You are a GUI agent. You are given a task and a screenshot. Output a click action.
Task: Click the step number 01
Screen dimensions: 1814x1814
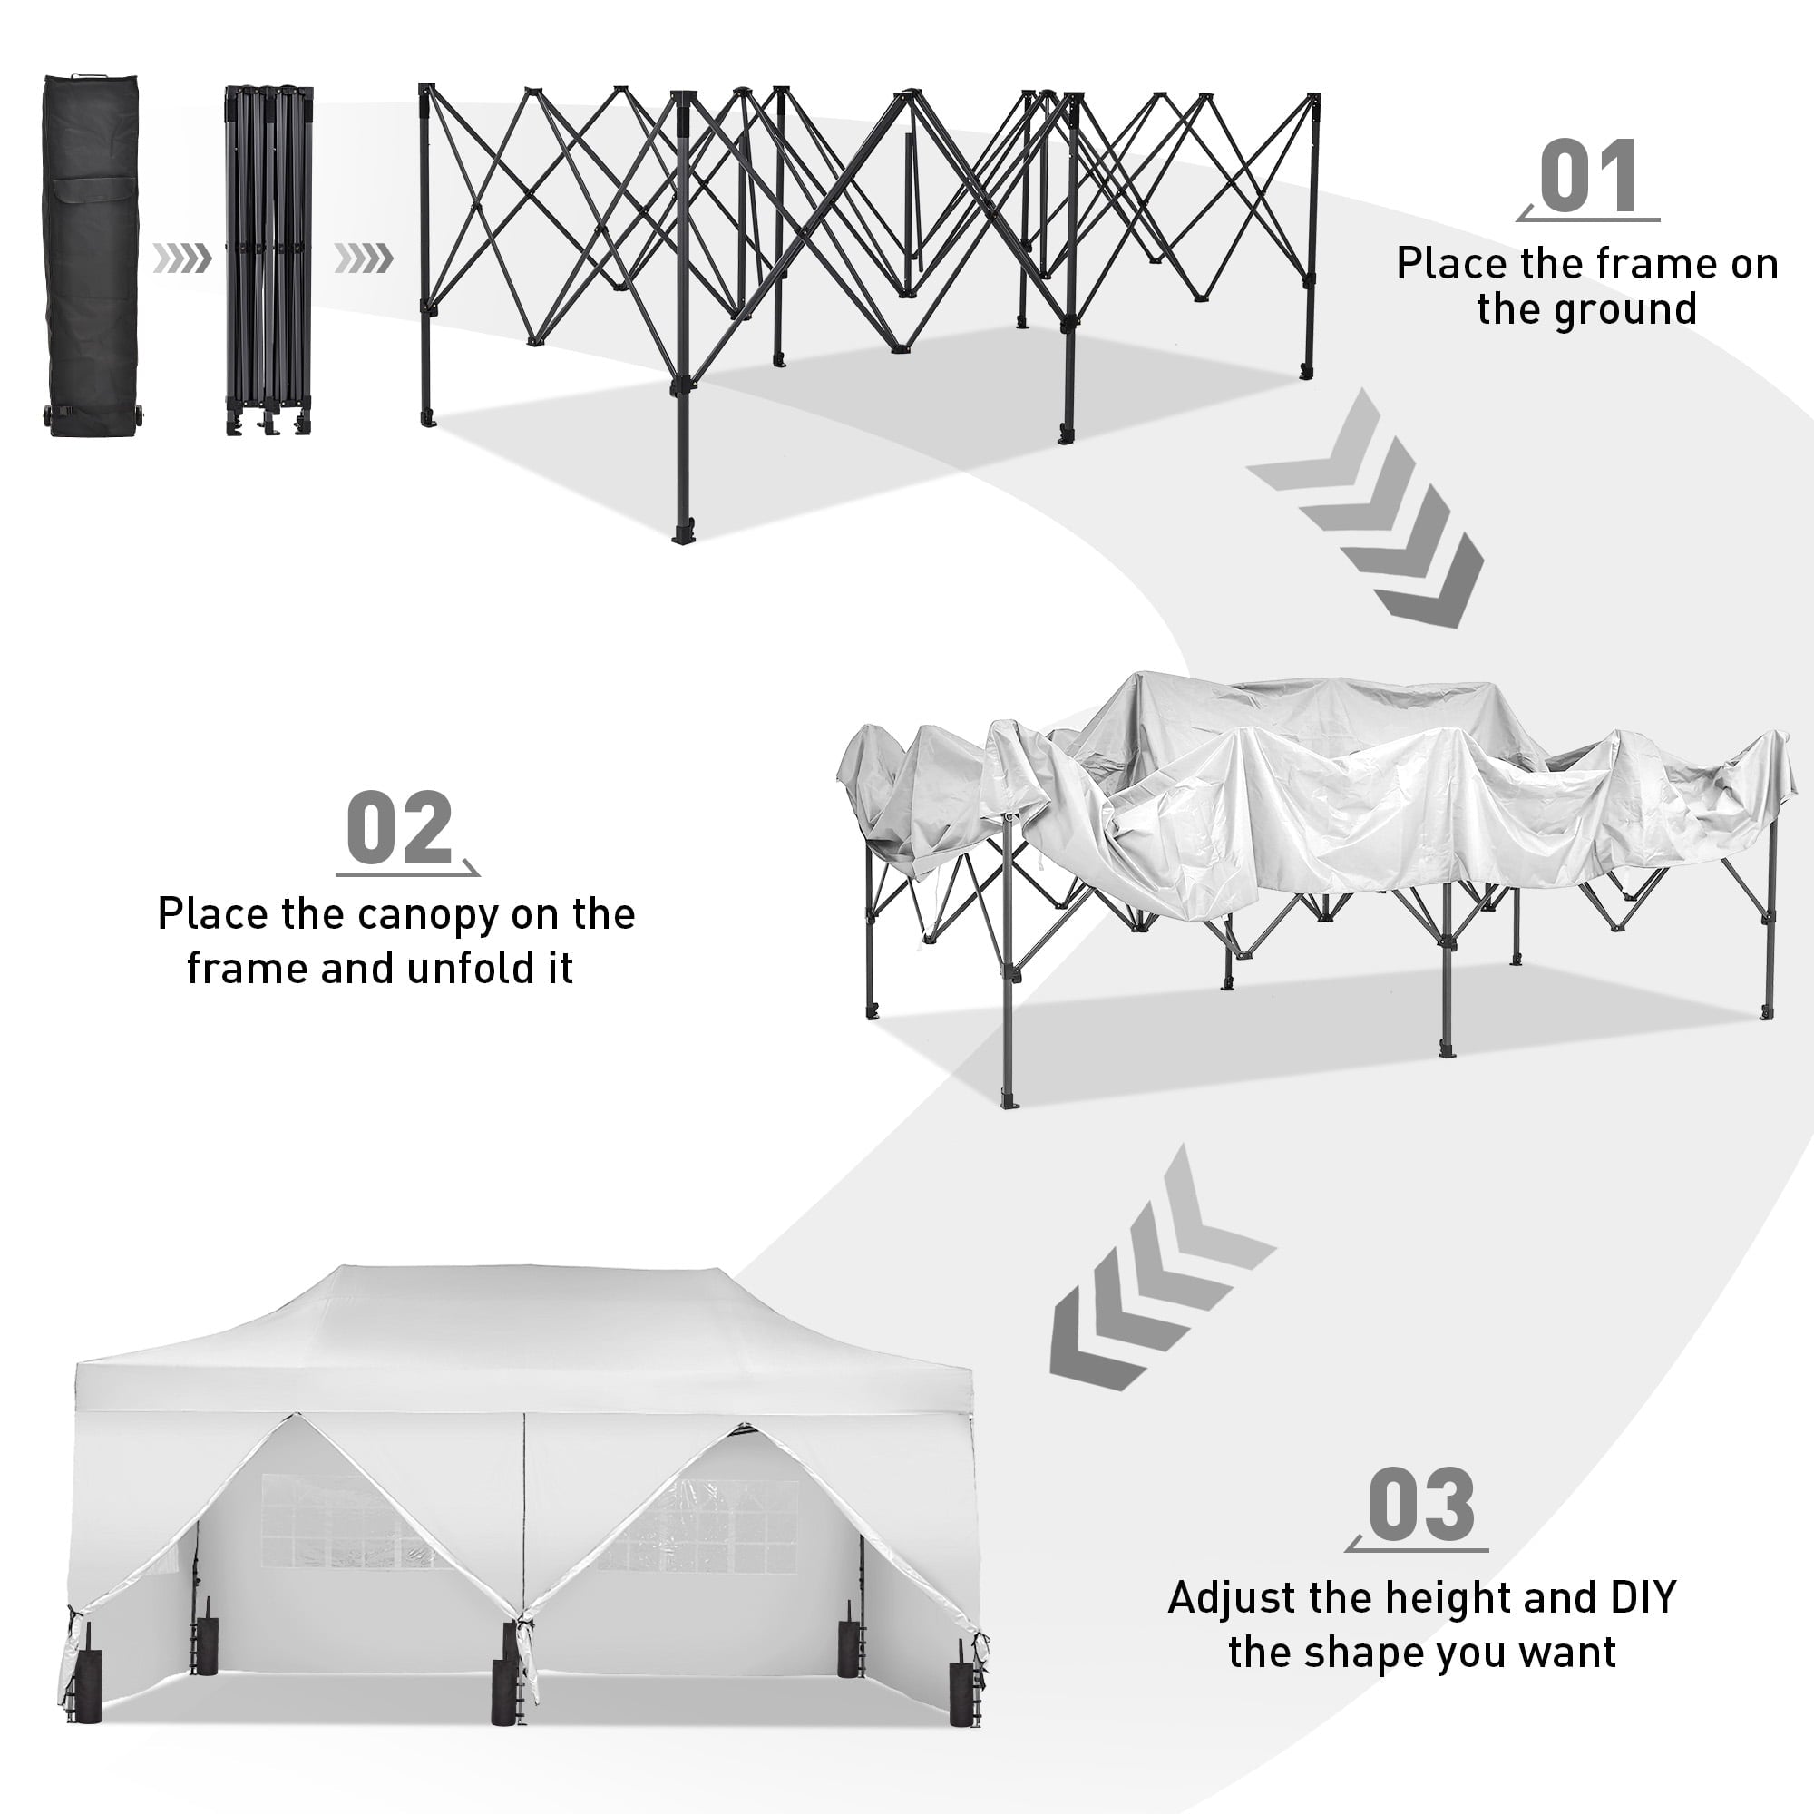click(x=1590, y=176)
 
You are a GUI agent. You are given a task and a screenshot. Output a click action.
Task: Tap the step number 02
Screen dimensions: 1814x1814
click(x=400, y=828)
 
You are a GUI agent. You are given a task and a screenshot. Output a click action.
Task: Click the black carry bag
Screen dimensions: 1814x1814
click(x=92, y=254)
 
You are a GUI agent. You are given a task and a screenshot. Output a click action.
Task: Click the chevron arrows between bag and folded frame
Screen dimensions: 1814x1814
click(x=183, y=258)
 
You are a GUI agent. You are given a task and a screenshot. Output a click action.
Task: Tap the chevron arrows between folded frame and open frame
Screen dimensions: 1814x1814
click(x=364, y=258)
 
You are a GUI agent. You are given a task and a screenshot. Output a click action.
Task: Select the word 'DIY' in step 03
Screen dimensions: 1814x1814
click(x=1643, y=1598)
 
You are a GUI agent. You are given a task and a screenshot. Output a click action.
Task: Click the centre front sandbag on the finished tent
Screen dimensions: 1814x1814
click(x=508, y=1692)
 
